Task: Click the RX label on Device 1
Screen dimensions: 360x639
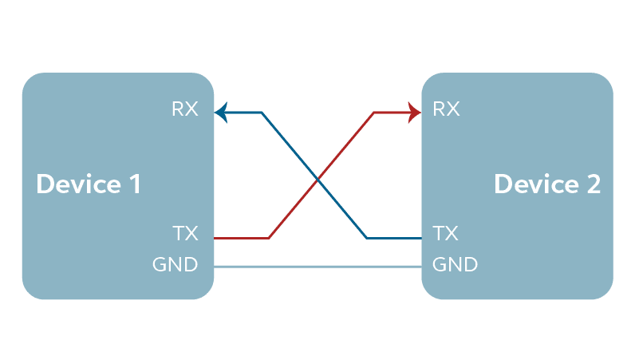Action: point(184,109)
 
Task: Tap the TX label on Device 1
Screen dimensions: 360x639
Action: point(184,234)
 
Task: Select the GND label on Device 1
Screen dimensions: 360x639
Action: point(175,264)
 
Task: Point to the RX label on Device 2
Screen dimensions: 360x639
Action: point(446,109)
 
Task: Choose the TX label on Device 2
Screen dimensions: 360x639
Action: point(445,234)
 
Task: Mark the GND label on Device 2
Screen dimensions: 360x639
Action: point(455,264)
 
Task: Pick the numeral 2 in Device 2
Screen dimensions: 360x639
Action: point(592,184)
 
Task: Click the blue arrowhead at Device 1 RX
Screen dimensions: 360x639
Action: point(221,113)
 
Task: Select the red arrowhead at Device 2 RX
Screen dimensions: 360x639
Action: point(415,113)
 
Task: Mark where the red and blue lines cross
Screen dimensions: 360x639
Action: point(318,177)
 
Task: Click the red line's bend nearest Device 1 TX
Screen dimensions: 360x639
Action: point(270,238)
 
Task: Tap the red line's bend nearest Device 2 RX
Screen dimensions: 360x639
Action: point(373,113)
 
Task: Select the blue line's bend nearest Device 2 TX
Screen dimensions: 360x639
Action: point(367,238)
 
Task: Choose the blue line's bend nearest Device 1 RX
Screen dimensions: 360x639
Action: point(262,113)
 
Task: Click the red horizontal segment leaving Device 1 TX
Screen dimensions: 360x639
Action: point(242,238)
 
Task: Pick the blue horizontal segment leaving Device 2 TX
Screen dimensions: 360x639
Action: point(394,238)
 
